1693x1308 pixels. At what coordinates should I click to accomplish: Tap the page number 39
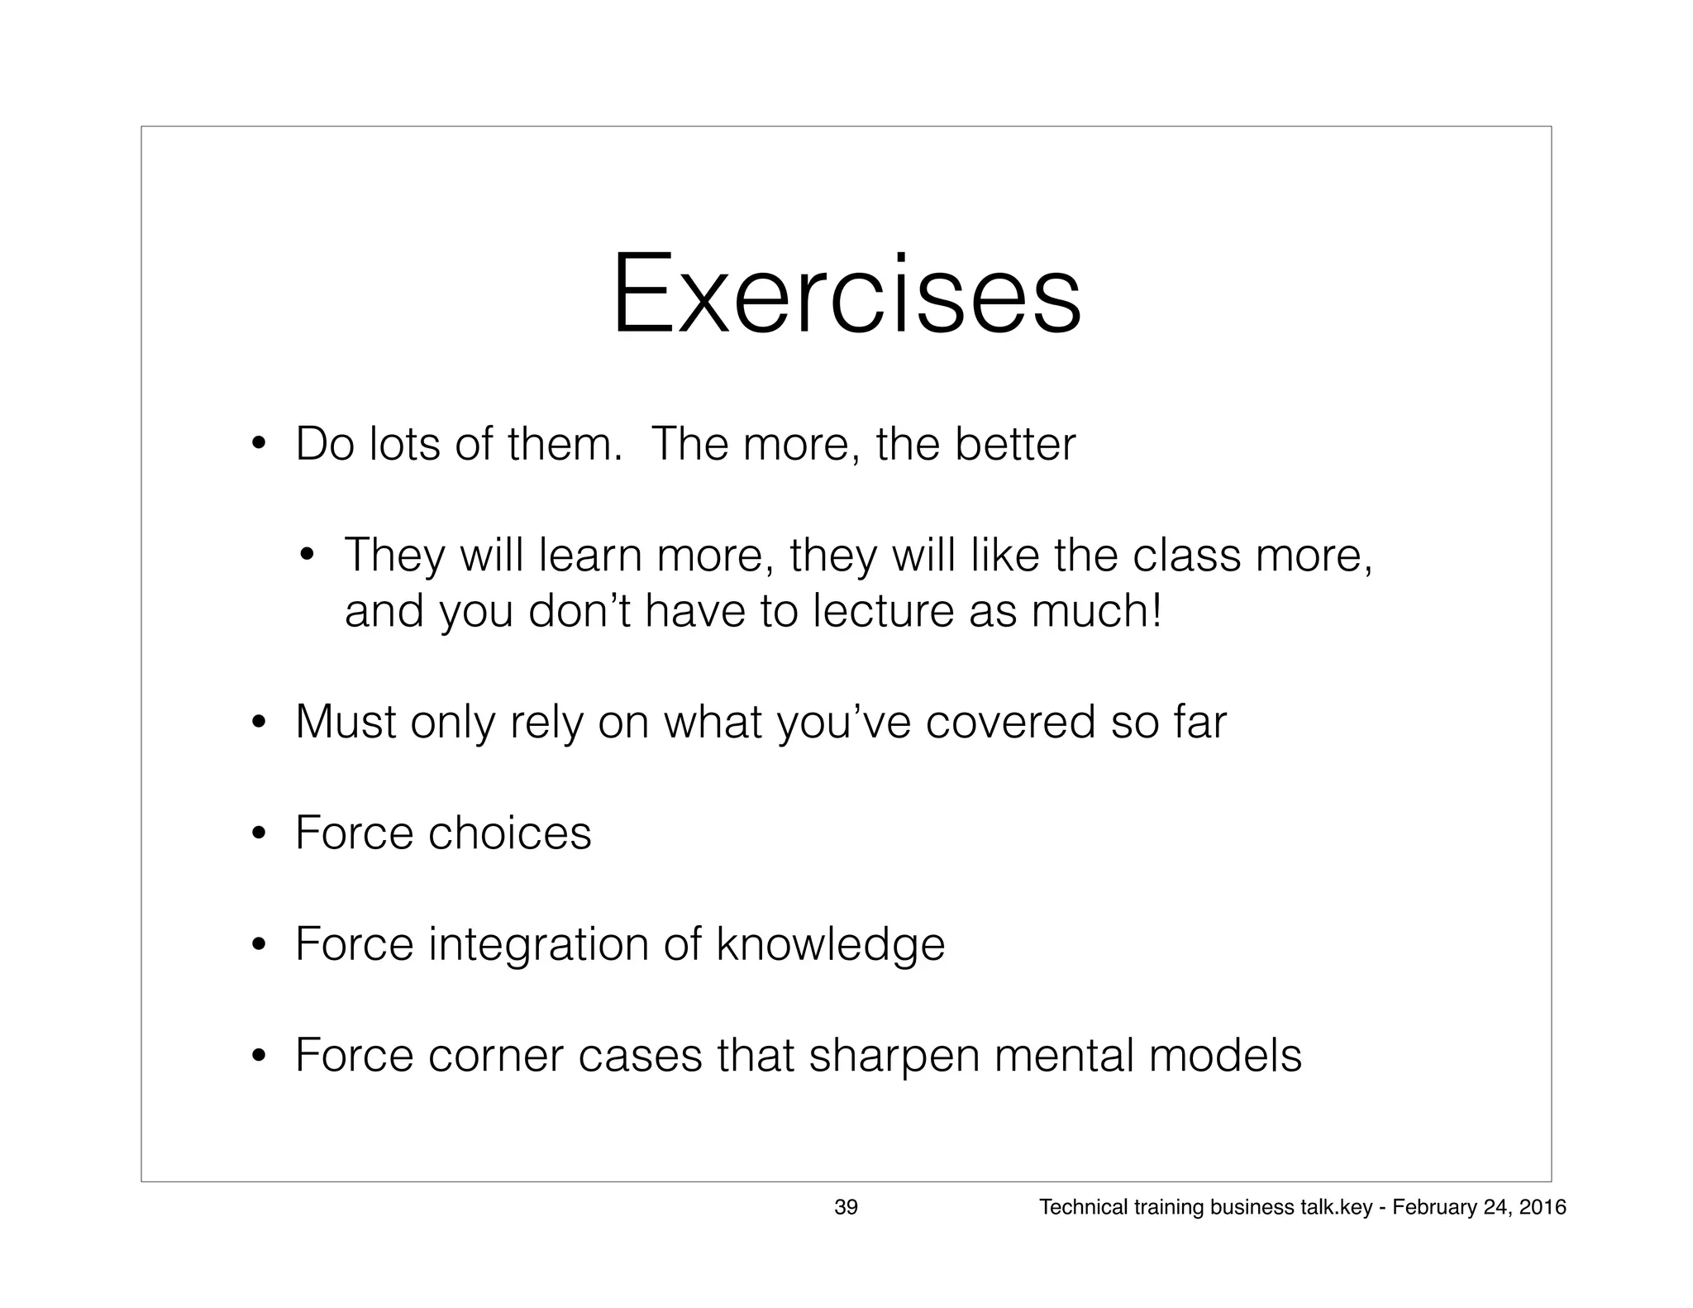(x=846, y=1208)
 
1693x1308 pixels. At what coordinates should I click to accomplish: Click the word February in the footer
(x=1428, y=1208)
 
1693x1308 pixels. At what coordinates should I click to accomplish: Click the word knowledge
(x=830, y=944)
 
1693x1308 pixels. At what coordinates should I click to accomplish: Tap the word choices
(x=509, y=833)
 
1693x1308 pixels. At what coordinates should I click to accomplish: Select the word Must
(x=346, y=722)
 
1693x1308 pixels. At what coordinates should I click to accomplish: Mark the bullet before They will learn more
(x=308, y=555)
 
